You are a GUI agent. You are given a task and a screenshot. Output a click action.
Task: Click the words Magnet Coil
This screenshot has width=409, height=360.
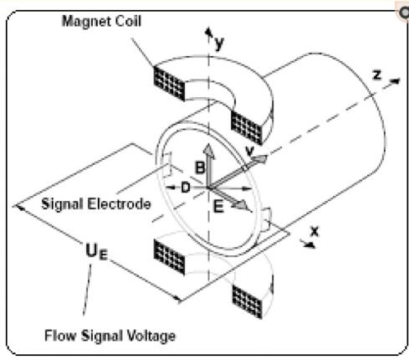tap(101, 21)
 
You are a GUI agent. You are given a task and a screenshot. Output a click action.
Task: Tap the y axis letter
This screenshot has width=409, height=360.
tap(219, 43)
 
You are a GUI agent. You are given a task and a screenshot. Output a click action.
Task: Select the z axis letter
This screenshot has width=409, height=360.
tap(376, 75)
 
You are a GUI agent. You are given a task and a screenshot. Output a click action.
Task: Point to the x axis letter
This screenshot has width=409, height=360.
tap(314, 231)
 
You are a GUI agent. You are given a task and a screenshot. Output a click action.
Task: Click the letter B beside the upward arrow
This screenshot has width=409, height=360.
tap(200, 167)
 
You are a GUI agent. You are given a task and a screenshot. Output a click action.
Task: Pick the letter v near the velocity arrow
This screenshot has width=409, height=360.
tap(250, 151)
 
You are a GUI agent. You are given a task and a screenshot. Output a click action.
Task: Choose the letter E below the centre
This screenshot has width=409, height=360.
tap(218, 207)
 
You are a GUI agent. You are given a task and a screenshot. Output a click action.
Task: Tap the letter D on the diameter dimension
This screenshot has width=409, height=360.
tap(186, 188)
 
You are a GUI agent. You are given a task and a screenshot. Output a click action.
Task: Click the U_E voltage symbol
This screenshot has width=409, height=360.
tap(96, 251)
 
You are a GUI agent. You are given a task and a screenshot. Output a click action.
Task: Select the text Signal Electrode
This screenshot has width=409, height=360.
tap(96, 204)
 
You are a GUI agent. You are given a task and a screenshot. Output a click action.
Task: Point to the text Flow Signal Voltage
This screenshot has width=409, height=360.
tap(110, 336)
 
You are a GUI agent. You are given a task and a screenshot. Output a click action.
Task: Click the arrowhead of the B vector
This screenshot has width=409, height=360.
tap(209, 151)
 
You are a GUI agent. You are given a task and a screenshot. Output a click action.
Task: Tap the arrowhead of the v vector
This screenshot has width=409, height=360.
tap(260, 159)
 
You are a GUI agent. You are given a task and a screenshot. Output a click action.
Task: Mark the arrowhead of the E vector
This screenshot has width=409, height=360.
tap(242, 205)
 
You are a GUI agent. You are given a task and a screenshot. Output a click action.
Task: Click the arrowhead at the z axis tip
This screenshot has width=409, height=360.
tap(396, 81)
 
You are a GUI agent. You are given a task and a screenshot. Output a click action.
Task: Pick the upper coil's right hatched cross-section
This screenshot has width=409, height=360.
tap(247, 128)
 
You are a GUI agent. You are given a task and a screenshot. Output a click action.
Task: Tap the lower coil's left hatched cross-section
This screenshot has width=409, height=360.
tap(169, 257)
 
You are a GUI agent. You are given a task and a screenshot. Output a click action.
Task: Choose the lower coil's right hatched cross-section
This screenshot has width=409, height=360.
tap(248, 301)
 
